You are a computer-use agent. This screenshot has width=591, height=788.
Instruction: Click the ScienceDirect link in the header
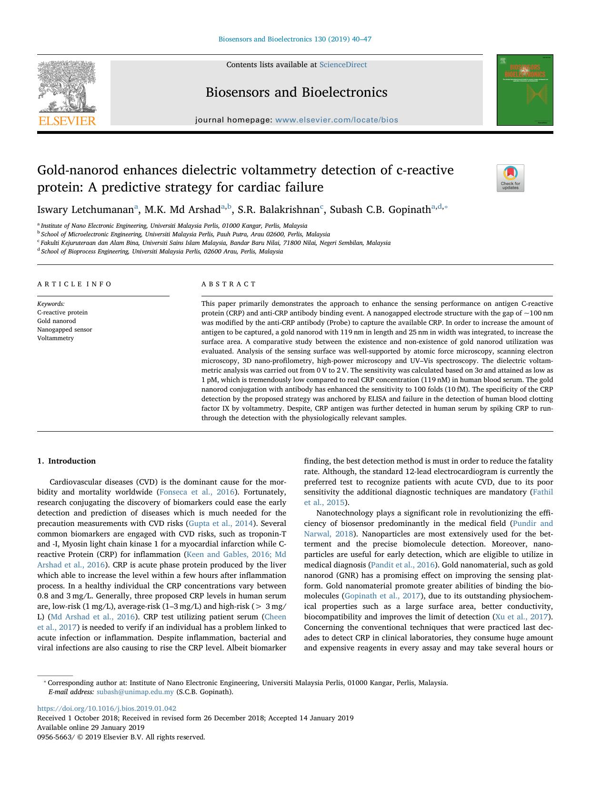pos(343,65)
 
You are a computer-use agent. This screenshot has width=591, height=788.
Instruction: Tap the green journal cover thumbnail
pos(525,90)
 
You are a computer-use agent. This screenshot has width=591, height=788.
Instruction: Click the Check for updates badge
pos(510,178)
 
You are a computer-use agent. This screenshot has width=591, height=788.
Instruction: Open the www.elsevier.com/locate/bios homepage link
pos(336,120)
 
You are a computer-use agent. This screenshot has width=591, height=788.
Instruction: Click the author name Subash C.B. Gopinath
pos(380,210)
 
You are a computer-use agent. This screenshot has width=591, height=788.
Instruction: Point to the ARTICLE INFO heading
pos(74,284)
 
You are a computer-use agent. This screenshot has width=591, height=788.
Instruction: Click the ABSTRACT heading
pos(229,284)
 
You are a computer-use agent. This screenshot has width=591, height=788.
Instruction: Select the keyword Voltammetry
pos(55,338)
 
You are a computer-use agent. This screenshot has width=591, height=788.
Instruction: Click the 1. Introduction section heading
pos(66,461)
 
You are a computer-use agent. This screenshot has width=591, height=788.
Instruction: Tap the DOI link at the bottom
pos(107,708)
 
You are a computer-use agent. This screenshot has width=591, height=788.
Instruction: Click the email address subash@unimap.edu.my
pos(135,692)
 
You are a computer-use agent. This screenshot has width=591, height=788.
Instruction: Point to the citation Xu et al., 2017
pos(522,616)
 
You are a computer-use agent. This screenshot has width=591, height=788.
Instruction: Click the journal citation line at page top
pos(295,39)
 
